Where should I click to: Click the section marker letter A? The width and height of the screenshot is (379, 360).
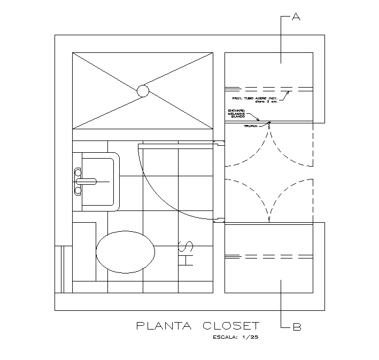click(296, 18)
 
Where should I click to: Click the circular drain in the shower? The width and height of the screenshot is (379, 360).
click(143, 91)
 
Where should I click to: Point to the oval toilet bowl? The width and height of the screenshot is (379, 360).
click(126, 252)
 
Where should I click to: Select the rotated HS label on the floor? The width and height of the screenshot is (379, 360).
click(185, 254)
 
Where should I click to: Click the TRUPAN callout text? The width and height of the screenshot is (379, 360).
click(250, 126)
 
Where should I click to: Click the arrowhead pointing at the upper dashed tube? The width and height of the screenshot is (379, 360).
click(287, 93)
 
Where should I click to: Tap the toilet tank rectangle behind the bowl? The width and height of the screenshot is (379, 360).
click(84, 252)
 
